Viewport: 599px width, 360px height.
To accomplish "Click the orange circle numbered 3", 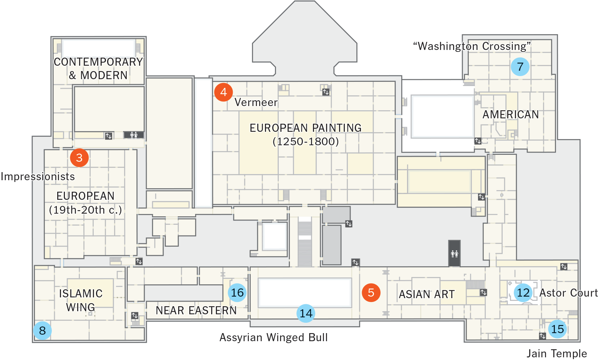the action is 79,158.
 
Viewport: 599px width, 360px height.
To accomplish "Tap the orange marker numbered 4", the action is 223,92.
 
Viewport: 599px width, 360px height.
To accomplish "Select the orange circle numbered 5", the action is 371,292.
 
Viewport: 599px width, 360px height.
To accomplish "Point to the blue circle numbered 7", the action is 520,66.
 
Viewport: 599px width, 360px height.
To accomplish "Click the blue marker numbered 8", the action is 42,330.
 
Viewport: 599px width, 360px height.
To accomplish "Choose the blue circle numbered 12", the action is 523,292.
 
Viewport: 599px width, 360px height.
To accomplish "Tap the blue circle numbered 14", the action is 306,313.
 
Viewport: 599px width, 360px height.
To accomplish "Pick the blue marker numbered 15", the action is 557,329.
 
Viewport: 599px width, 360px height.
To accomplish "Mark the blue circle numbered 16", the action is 237,292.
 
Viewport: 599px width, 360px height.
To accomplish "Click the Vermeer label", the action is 256,102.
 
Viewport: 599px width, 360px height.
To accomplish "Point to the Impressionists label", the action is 38,176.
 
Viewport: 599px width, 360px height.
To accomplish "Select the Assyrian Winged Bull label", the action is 273,337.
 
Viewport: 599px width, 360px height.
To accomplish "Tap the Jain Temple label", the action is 557,353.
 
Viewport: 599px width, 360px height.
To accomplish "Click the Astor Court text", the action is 569,292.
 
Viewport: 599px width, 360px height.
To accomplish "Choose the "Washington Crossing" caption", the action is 472,46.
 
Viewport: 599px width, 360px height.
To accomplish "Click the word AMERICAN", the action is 510,114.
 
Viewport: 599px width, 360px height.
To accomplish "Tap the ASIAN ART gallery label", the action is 427,294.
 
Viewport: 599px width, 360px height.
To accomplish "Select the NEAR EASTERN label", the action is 196,310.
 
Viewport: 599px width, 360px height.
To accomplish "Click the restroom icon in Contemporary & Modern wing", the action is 134,135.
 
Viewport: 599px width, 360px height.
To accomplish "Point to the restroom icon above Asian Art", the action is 454,253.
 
